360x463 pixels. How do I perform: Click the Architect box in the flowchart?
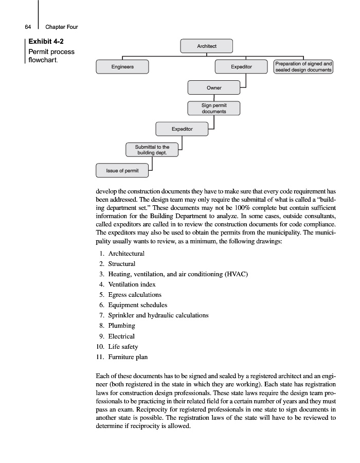[x=207, y=46]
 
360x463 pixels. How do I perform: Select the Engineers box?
[x=122, y=67]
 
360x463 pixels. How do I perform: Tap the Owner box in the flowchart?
[x=214, y=88]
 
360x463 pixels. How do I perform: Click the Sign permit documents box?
[x=214, y=109]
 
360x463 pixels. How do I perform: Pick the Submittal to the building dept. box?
[x=152, y=150]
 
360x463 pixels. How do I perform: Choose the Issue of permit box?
[x=122, y=170]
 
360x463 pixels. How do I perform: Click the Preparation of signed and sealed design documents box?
[x=303, y=67]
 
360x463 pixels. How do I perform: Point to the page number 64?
[x=28, y=27]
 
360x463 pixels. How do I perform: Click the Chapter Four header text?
[x=61, y=27]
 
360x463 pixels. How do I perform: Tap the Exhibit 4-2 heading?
[x=46, y=41]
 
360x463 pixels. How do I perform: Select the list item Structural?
[x=122, y=264]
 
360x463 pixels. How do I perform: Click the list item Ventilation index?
[x=132, y=284]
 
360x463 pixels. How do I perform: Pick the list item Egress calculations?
[x=135, y=295]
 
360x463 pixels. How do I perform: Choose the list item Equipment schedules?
[x=137, y=305]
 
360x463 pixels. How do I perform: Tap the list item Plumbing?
[x=121, y=326]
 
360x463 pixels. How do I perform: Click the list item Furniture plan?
[x=128, y=357]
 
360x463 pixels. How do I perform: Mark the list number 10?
[x=100, y=346]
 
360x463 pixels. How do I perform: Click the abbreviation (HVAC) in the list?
[x=236, y=274]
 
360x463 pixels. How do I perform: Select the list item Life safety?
[x=123, y=346]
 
